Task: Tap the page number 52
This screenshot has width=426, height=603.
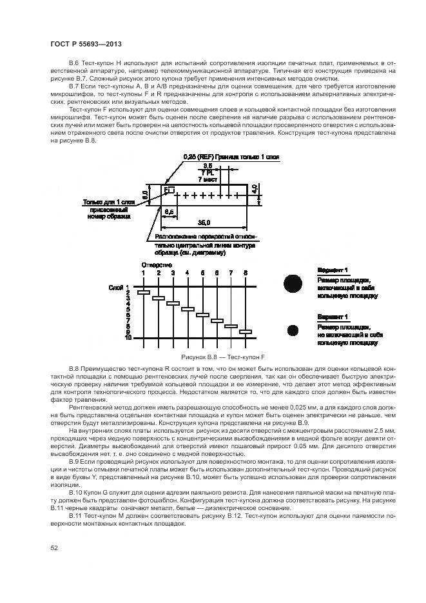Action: click(x=53, y=548)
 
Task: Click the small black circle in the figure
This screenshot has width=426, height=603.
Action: click(x=293, y=330)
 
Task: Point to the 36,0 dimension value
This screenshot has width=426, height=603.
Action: click(x=204, y=221)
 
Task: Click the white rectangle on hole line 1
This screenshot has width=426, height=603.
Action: click(x=144, y=293)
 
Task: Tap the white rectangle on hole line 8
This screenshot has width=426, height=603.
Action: click(x=246, y=332)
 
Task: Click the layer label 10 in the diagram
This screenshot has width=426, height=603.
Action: click(x=128, y=337)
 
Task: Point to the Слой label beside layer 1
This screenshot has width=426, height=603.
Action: click(x=116, y=287)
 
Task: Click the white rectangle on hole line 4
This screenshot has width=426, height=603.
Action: click(x=188, y=310)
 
